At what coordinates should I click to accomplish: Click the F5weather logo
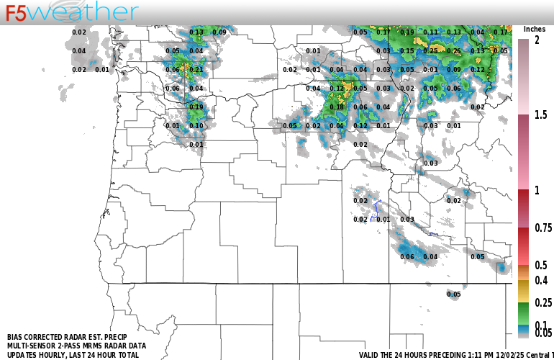(72, 12)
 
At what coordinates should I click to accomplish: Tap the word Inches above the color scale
(534, 29)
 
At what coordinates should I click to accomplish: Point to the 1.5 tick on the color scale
(541, 114)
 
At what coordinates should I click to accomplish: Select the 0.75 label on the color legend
(543, 228)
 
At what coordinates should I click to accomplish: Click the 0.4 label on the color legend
(541, 280)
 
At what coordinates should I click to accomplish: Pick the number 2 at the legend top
(537, 41)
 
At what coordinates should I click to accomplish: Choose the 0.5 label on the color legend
(541, 265)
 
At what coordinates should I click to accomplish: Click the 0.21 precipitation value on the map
(196, 70)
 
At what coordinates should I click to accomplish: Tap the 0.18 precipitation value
(337, 107)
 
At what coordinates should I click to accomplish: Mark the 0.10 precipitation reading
(196, 126)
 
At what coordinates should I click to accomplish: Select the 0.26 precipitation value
(453, 51)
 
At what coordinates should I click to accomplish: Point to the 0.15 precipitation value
(407, 51)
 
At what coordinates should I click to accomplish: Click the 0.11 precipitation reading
(430, 32)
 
